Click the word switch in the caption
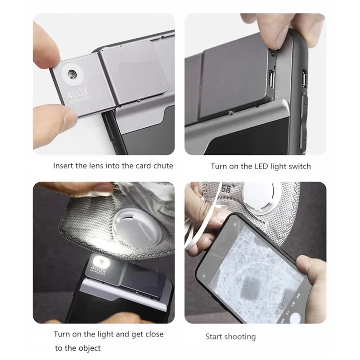(x=299, y=166)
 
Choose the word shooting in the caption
(x=239, y=337)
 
